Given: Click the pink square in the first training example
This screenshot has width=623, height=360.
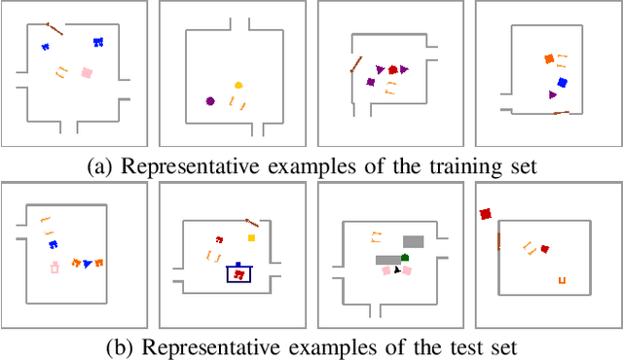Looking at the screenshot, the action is coord(87,72).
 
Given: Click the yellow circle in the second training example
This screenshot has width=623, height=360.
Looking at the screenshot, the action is coord(238,86).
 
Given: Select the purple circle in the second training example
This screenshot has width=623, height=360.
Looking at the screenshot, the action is coord(209,100).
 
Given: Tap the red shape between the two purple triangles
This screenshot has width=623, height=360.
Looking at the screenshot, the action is coord(393,69).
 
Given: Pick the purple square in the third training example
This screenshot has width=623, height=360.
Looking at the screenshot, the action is coord(370,82).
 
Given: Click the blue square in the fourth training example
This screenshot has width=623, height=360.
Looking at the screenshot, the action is coord(562,83).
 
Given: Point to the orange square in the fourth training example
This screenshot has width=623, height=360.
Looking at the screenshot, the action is coord(549,59).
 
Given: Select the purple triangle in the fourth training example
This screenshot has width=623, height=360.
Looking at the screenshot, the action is coord(553,94).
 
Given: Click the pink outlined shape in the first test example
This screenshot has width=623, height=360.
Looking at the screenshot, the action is coord(55,266).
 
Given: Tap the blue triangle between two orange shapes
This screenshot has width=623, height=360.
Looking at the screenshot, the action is coord(88,263).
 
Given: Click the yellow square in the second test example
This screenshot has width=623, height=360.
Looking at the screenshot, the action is coord(251,236).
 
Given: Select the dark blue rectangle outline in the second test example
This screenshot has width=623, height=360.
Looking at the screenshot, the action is coord(238,274).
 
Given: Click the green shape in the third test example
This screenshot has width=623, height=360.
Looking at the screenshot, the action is coord(405,257).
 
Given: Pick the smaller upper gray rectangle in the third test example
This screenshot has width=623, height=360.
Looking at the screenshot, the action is coord(414,240).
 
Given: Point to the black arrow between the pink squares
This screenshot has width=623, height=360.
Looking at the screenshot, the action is coord(397,269).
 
